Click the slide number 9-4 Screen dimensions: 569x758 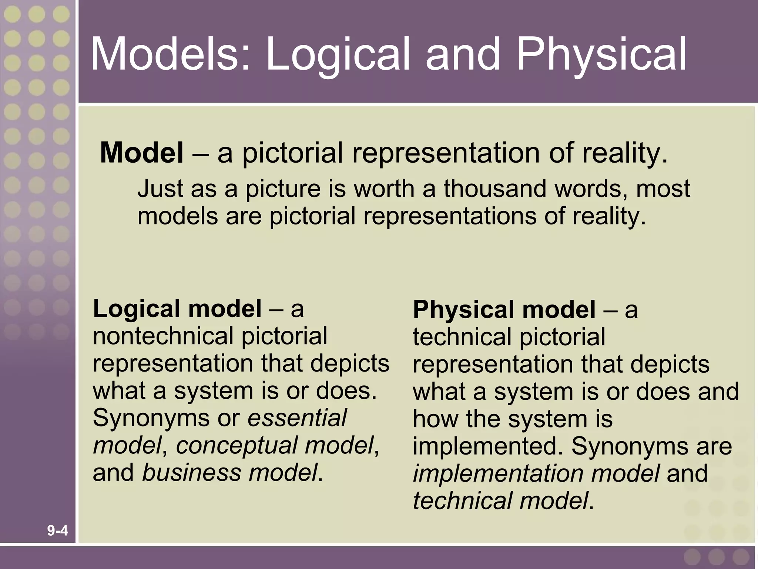[57, 531]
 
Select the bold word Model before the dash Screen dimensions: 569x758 [141, 153]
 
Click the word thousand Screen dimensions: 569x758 [494, 189]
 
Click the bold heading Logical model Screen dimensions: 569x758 [177, 309]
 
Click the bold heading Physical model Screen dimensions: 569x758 [504, 309]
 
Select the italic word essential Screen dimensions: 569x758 [297, 418]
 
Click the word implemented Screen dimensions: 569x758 [488, 446]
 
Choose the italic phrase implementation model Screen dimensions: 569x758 [536, 473]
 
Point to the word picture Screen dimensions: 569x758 [283, 189]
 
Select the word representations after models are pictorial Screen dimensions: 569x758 [449, 216]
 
